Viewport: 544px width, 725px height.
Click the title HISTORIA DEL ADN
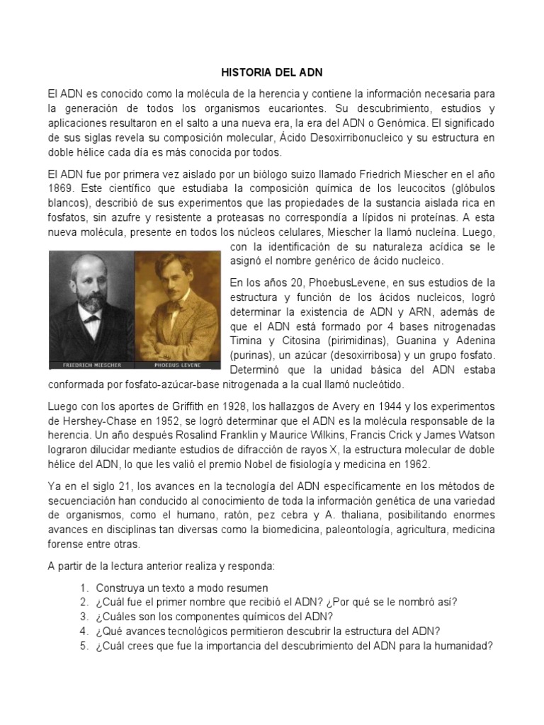point(272,73)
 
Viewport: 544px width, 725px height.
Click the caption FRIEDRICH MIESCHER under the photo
point(91,365)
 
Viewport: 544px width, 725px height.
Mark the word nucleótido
point(379,384)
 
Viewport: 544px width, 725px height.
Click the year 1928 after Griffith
point(233,406)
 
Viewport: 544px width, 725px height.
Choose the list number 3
point(84,617)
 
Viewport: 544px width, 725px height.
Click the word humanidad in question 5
point(461,645)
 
